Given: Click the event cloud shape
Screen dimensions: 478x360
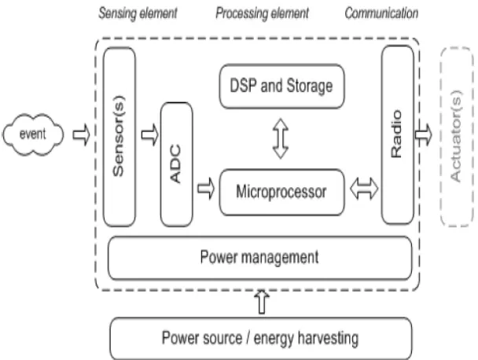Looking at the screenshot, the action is (x=33, y=134).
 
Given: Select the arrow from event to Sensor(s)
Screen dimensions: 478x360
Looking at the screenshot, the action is (x=82, y=134).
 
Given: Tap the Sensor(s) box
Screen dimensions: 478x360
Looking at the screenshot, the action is (x=119, y=137).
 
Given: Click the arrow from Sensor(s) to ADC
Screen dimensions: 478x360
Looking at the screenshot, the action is (x=150, y=134).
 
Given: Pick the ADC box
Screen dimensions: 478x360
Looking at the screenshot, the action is (x=177, y=164).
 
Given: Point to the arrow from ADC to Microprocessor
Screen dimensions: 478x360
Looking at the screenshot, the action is (x=206, y=189).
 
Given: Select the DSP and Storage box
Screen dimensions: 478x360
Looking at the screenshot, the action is (x=282, y=86).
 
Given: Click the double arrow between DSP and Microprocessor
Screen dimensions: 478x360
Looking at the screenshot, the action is (x=281, y=138).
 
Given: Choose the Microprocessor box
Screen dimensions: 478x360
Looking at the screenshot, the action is (x=282, y=192).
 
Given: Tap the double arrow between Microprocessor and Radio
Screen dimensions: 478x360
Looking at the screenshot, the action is (x=364, y=189).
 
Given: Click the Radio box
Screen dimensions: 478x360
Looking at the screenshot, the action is (x=398, y=134).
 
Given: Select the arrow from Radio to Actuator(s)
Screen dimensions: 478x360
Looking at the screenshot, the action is (x=424, y=134).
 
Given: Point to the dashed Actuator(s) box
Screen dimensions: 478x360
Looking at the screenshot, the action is (x=457, y=137).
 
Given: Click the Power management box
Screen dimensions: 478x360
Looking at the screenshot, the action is (x=260, y=258).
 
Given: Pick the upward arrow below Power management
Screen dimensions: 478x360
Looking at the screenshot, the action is (x=262, y=302).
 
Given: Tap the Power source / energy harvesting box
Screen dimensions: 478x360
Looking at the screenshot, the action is (x=261, y=338).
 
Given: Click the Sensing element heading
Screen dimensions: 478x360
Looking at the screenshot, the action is (x=138, y=13).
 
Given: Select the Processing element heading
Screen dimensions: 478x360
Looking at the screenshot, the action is (x=262, y=13).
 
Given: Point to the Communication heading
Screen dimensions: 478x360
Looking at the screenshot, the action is (x=381, y=13).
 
